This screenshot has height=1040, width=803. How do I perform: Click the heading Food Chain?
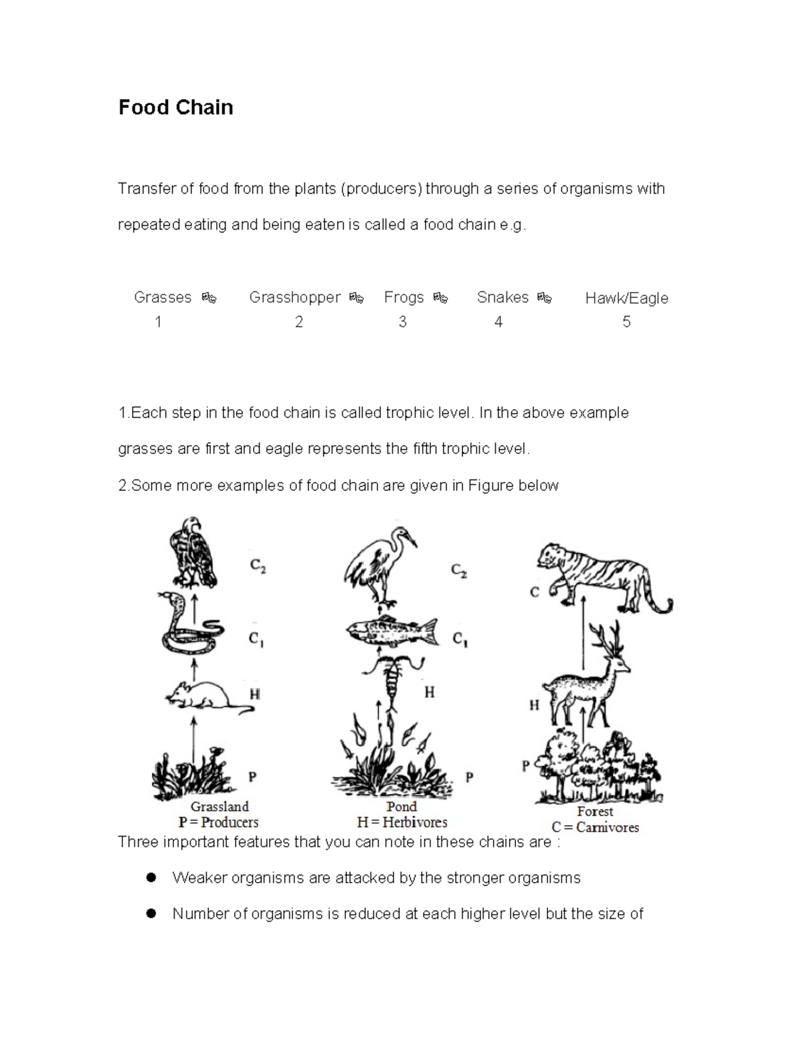[x=175, y=108]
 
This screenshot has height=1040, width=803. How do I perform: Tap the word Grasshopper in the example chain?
[x=294, y=297]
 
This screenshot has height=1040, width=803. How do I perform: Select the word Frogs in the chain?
[x=404, y=297]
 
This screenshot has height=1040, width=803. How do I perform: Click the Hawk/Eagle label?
[x=626, y=298]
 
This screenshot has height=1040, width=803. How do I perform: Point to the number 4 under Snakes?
[x=498, y=322]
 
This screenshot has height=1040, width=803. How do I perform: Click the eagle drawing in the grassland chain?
[x=192, y=552]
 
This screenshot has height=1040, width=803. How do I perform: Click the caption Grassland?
[x=219, y=807]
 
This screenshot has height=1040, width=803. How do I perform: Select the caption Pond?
[x=401, y=807]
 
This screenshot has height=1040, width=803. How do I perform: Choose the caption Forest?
[x=595, y=812]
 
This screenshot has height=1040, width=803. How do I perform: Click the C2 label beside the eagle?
[x=258, y=566]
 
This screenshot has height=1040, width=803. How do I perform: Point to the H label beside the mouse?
[x=254, y=694]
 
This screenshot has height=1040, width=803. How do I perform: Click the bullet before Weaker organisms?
[x=151, y=877]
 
